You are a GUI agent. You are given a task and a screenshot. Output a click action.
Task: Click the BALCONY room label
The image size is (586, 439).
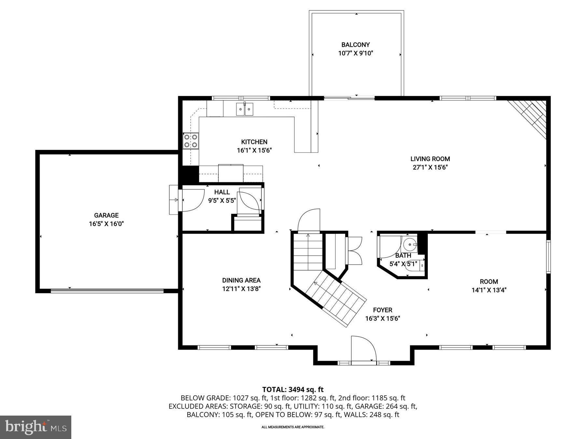pos(356,45)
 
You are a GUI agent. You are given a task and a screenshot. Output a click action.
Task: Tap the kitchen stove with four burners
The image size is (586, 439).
pos(191,141)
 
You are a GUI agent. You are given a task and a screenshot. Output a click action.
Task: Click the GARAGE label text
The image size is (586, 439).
pos(106,215)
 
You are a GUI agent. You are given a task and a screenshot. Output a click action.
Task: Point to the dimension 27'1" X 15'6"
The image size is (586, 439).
pos(430,167)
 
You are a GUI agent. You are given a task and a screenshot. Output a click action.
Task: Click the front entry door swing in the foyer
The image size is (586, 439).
pos(363,350)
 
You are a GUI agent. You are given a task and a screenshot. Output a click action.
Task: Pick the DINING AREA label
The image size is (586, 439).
pos(241,280)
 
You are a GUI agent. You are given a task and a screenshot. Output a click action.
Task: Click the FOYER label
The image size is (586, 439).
pos(383,310)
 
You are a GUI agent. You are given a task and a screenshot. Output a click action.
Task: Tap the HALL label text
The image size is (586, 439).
pos(222,192)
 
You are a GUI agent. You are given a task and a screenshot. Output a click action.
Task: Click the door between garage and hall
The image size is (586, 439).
pos(192,201)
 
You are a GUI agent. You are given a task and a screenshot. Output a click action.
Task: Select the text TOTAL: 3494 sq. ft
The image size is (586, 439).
pos(293,390)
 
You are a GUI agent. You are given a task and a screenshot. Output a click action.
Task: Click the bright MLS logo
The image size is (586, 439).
pos(35,427)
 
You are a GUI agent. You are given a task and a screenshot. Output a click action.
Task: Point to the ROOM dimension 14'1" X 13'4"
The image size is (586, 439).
pos(489,290)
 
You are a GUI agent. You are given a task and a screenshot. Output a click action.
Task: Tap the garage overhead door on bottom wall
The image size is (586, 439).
pos(107,291)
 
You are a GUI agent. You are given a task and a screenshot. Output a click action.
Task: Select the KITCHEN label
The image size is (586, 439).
pos(254,142)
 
